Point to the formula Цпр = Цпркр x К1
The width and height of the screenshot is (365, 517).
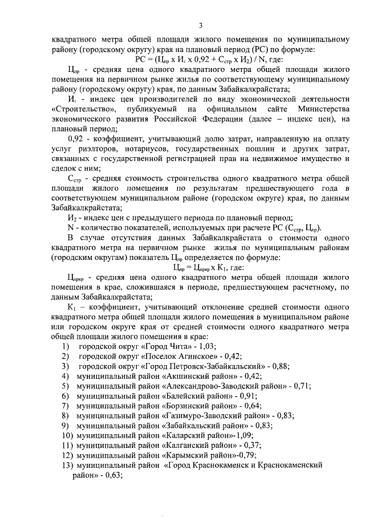(200, 267)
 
